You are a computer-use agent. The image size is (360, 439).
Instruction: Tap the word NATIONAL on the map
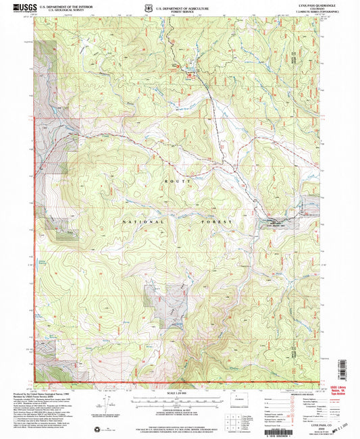143,221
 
